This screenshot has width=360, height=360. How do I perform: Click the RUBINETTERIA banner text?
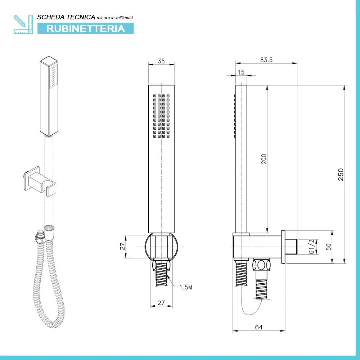(85, 28)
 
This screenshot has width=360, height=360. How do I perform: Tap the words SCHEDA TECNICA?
(66, 17)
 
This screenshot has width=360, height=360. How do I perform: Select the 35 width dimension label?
(161, 61)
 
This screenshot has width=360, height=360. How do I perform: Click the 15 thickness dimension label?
(241, 72)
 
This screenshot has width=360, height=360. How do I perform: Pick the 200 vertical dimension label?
(264, 159)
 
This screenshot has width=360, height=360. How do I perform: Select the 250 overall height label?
(341, 174)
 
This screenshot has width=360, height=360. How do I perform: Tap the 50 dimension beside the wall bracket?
(328, 247)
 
